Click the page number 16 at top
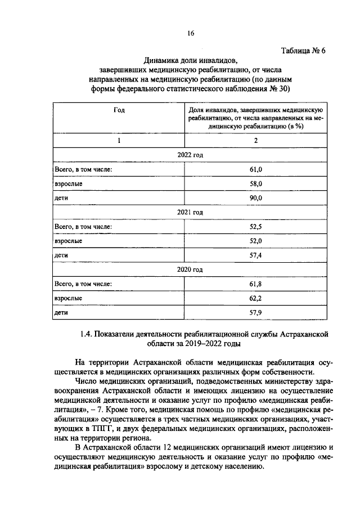[191, 34]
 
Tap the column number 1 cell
[119, 141]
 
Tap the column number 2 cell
[256, 141]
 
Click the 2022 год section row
[190, 155]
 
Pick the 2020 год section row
[190, 270]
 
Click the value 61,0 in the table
[256, 169]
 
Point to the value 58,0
[256, 183]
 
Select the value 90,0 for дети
[256, 198]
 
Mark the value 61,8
[256, 284]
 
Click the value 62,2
[256, 298]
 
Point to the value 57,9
[256, 312]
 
